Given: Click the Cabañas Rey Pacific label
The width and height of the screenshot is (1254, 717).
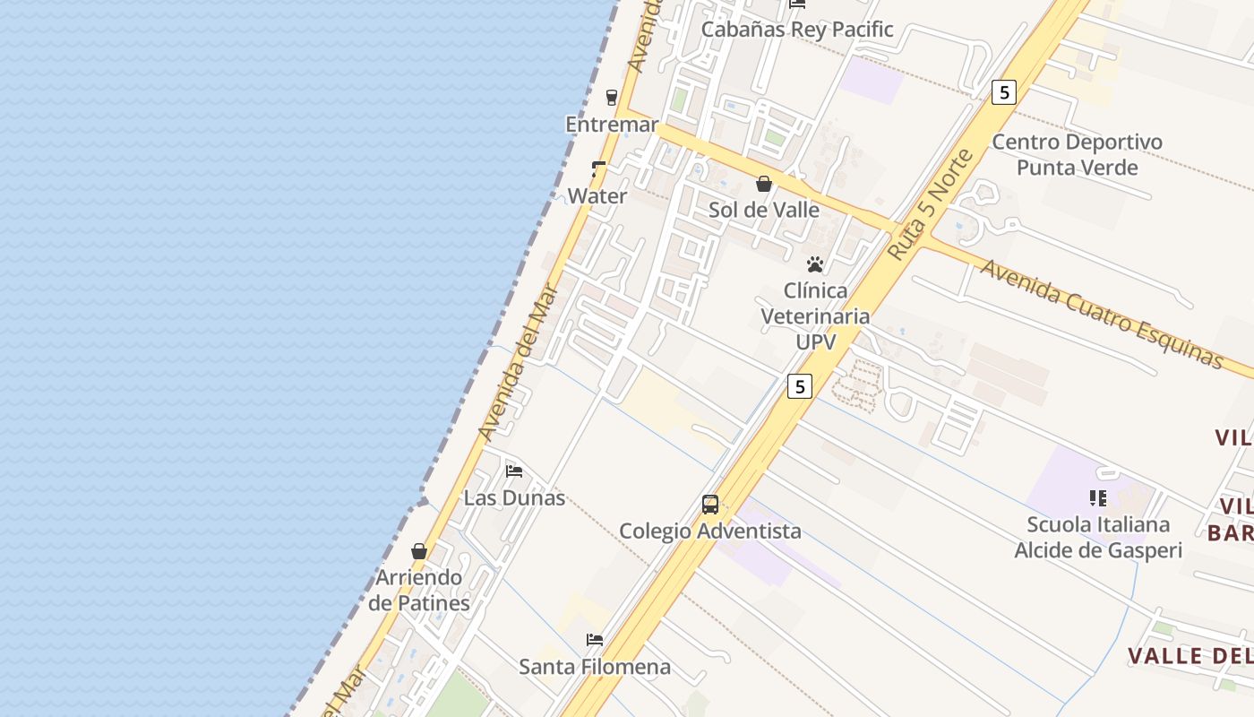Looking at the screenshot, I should [x=796, y=30].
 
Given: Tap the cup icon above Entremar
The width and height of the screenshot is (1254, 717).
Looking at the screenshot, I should [x=612, y=97].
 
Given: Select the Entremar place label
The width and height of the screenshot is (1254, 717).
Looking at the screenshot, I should [x=612, y=125].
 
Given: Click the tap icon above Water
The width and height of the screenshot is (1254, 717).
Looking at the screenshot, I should [x=598, y=168].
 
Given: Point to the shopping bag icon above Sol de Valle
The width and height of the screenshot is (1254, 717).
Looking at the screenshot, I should [x=764, y=184].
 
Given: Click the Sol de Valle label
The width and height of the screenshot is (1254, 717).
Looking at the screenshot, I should [x=764, y=210].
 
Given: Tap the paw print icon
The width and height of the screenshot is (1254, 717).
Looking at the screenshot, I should [x=815, y=264].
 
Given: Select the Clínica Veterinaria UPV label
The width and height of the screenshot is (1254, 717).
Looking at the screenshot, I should [x=815, y=316].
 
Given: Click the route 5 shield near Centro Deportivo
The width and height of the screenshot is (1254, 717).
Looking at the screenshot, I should [x=1004, y=91].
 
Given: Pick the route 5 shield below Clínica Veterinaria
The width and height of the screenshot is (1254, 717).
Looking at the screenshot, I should [x=800, y=385].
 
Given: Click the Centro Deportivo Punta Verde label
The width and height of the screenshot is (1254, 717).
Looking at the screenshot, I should [x=1077, y=155].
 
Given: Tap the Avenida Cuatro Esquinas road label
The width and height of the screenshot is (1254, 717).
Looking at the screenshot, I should [x=1101, y=314].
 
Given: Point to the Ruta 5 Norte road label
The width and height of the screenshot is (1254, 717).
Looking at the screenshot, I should [x=931, y=205].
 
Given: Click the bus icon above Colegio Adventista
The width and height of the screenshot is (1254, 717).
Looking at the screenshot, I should [x=710, y=505].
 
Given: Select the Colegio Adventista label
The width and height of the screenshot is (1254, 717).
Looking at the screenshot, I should [x=710, y=531].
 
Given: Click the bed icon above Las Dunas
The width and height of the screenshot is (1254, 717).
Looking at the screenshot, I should [x=514, y=471].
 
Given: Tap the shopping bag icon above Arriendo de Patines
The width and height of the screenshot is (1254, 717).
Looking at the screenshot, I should [x=419, y=550].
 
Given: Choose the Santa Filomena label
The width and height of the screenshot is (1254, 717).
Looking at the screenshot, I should [x=595, y=667].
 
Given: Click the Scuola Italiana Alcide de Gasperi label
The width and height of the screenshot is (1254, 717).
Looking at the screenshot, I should [x=1098, y=538].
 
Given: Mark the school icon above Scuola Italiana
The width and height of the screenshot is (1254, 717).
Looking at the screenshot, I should [x=1098, y=497].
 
